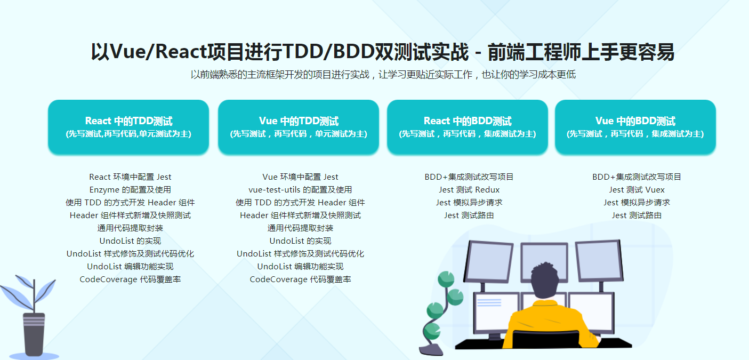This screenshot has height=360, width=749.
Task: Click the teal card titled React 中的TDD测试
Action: coord(128,127)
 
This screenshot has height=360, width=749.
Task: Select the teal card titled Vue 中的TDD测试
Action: coord(299,127)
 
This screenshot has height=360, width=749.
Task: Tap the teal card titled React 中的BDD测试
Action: coord(468,127)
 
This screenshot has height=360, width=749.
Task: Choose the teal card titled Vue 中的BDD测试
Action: coord(635,127)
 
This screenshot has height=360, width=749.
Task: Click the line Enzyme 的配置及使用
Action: coord(130,189)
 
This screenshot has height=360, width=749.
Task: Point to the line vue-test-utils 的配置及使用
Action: coord(300,189)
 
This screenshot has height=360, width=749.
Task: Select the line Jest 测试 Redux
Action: coord(469,189)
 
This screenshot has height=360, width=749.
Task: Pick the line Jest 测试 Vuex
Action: coord(637,189)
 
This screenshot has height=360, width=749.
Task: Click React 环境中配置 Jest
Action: coord(130,177)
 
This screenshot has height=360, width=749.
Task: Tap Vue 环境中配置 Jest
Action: coord(300,177)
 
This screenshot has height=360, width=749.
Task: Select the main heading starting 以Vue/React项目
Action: coord(382,52)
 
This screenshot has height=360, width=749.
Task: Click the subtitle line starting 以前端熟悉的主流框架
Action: coord(383,75)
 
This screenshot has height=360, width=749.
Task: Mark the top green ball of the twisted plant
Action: coord(446,279)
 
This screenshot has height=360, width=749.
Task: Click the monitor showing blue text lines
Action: coord(496,312)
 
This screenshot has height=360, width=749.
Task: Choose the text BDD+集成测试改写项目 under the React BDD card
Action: coord(469,177)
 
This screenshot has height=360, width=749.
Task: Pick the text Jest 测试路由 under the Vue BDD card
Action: coord(637,215)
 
